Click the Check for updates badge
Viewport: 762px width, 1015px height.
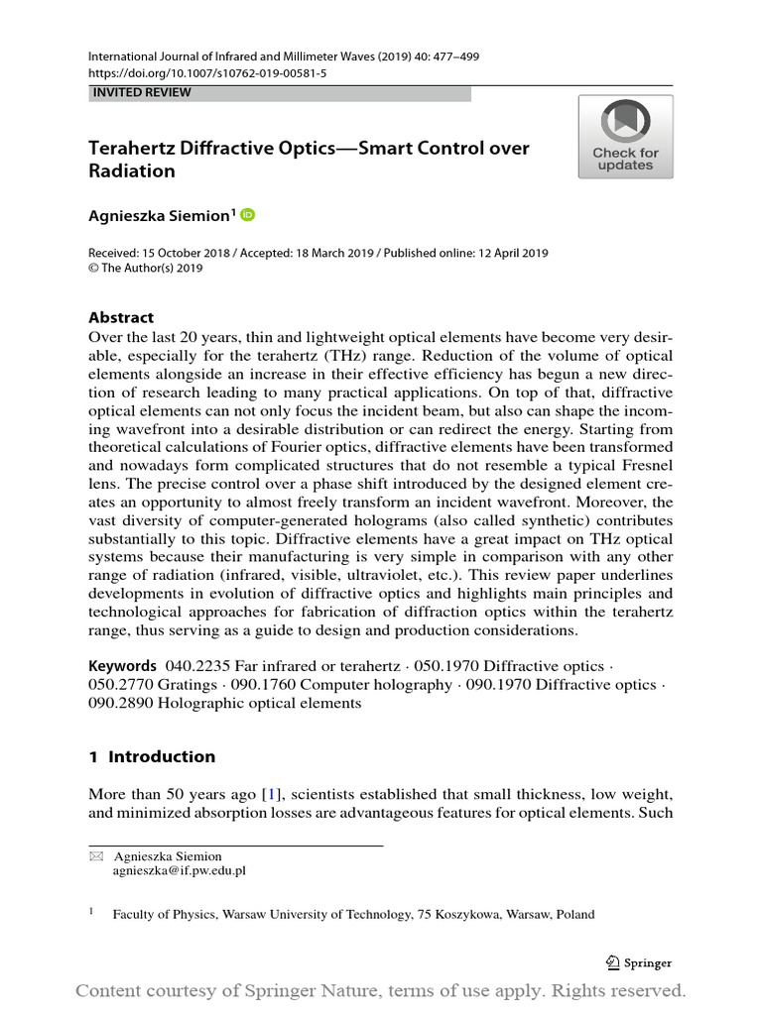pos(625,137)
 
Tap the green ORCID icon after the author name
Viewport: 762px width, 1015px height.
pos(247,214)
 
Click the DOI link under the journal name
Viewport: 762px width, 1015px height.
pos(207,73)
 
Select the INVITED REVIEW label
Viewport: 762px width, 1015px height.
pos(141,92)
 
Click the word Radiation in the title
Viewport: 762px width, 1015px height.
pos(132,170)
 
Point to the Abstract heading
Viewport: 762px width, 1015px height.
pos(121,317)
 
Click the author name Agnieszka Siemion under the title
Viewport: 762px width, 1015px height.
pos(159,215)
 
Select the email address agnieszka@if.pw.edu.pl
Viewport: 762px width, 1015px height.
pos(180,870)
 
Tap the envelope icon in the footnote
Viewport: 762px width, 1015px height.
pos(96,856)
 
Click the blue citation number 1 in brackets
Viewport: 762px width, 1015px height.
pos(271,793)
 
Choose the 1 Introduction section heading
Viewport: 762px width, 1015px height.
pos(152,756)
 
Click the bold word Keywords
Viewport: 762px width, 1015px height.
pos(122,666)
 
